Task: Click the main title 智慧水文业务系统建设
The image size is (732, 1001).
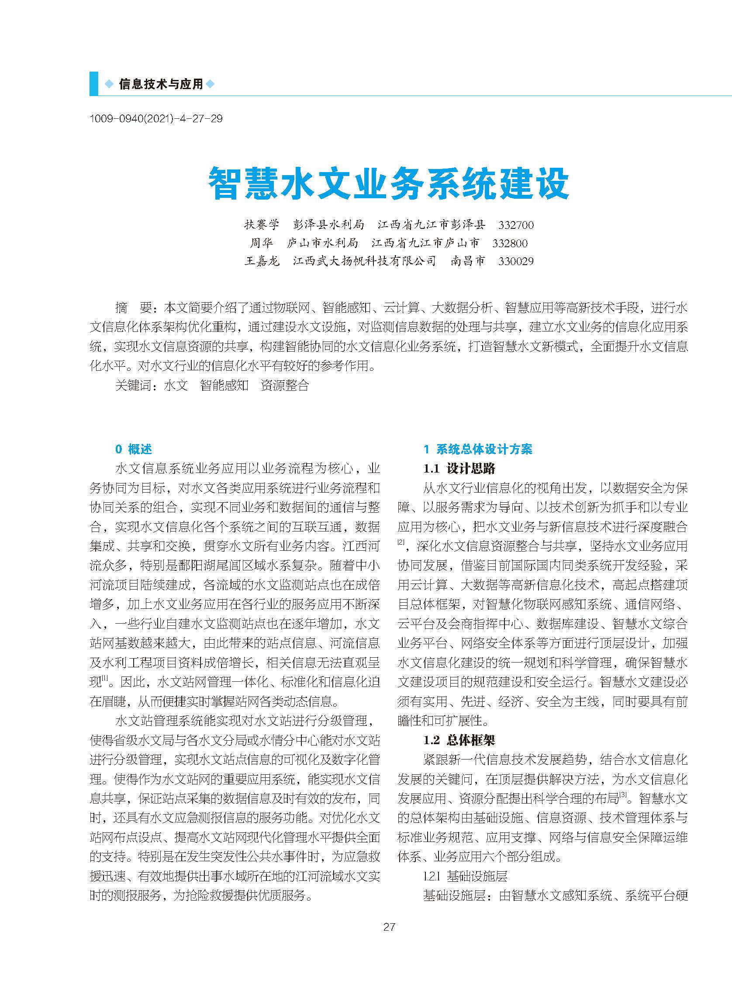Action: click(389, 183)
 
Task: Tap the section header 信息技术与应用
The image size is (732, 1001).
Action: click(160, 84)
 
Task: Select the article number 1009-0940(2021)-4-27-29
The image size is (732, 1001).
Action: click(156, 119)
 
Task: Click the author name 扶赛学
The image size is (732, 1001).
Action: click(262, 224)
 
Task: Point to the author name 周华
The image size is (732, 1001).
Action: click(262, 243)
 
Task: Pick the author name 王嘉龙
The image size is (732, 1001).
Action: click(262, 261)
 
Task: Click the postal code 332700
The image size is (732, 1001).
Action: click(516, 225)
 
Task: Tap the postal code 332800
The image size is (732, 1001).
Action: click(510, 243)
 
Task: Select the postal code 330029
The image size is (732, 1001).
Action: click(516, 262)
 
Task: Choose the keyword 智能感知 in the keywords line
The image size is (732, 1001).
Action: click(224, 386)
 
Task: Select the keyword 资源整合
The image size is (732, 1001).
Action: click(284, 386)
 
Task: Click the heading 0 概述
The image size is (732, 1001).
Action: click(133, 449)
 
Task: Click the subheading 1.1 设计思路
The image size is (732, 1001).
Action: click(459, 468)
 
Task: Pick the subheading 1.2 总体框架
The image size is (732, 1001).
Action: click(459, 740)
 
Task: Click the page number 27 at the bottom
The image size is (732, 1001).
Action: click(389, 927)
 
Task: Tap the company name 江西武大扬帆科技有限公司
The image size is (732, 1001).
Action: click(365, 261)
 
